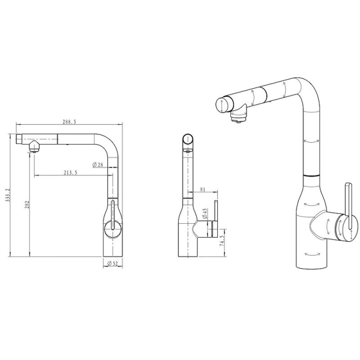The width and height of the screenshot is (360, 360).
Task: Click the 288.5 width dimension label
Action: click(69, 122)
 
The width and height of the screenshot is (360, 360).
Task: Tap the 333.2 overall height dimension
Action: click(7, 195)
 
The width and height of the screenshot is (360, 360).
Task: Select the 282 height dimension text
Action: click(27, 205)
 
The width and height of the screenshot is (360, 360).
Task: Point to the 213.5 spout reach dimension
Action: click(70, 173)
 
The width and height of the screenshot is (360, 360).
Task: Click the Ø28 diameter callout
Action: click(98, 165)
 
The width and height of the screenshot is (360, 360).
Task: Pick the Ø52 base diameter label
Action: click(112, 264)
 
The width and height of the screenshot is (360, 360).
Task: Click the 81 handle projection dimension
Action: click(202, 189)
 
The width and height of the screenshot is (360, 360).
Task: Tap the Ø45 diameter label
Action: click(205, 213)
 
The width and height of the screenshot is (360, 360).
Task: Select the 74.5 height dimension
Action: click(222, 240)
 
